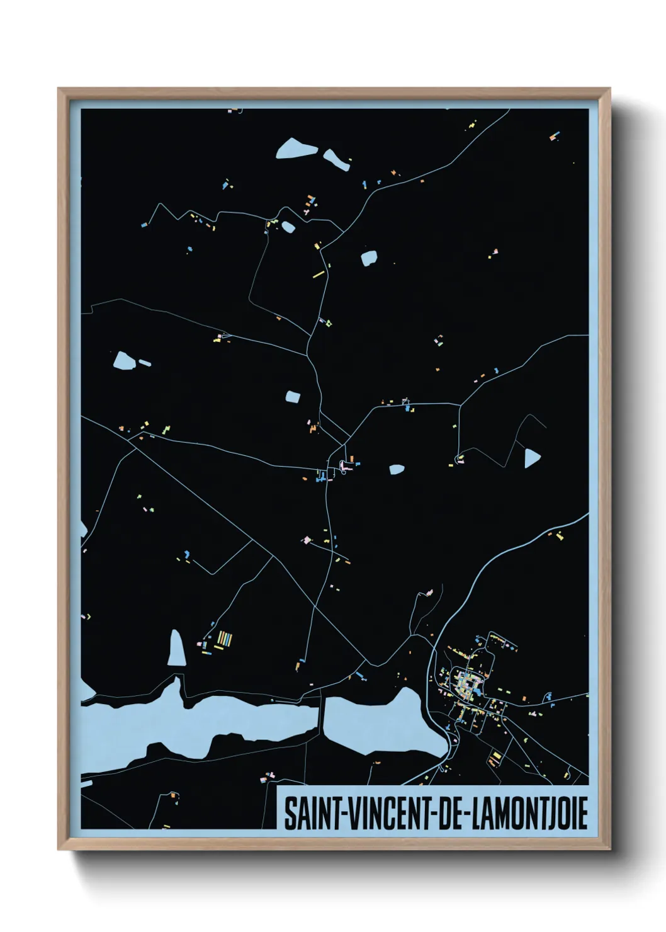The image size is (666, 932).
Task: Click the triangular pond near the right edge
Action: click(531, 457)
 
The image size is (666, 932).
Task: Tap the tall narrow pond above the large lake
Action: click(177, 649)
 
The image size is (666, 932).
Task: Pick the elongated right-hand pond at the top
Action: click(336, 160)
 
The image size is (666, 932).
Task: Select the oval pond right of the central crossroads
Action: click(397, 469)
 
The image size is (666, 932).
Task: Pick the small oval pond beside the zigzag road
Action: click(288, 227)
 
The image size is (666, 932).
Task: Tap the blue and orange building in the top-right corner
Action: click(554, 135)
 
